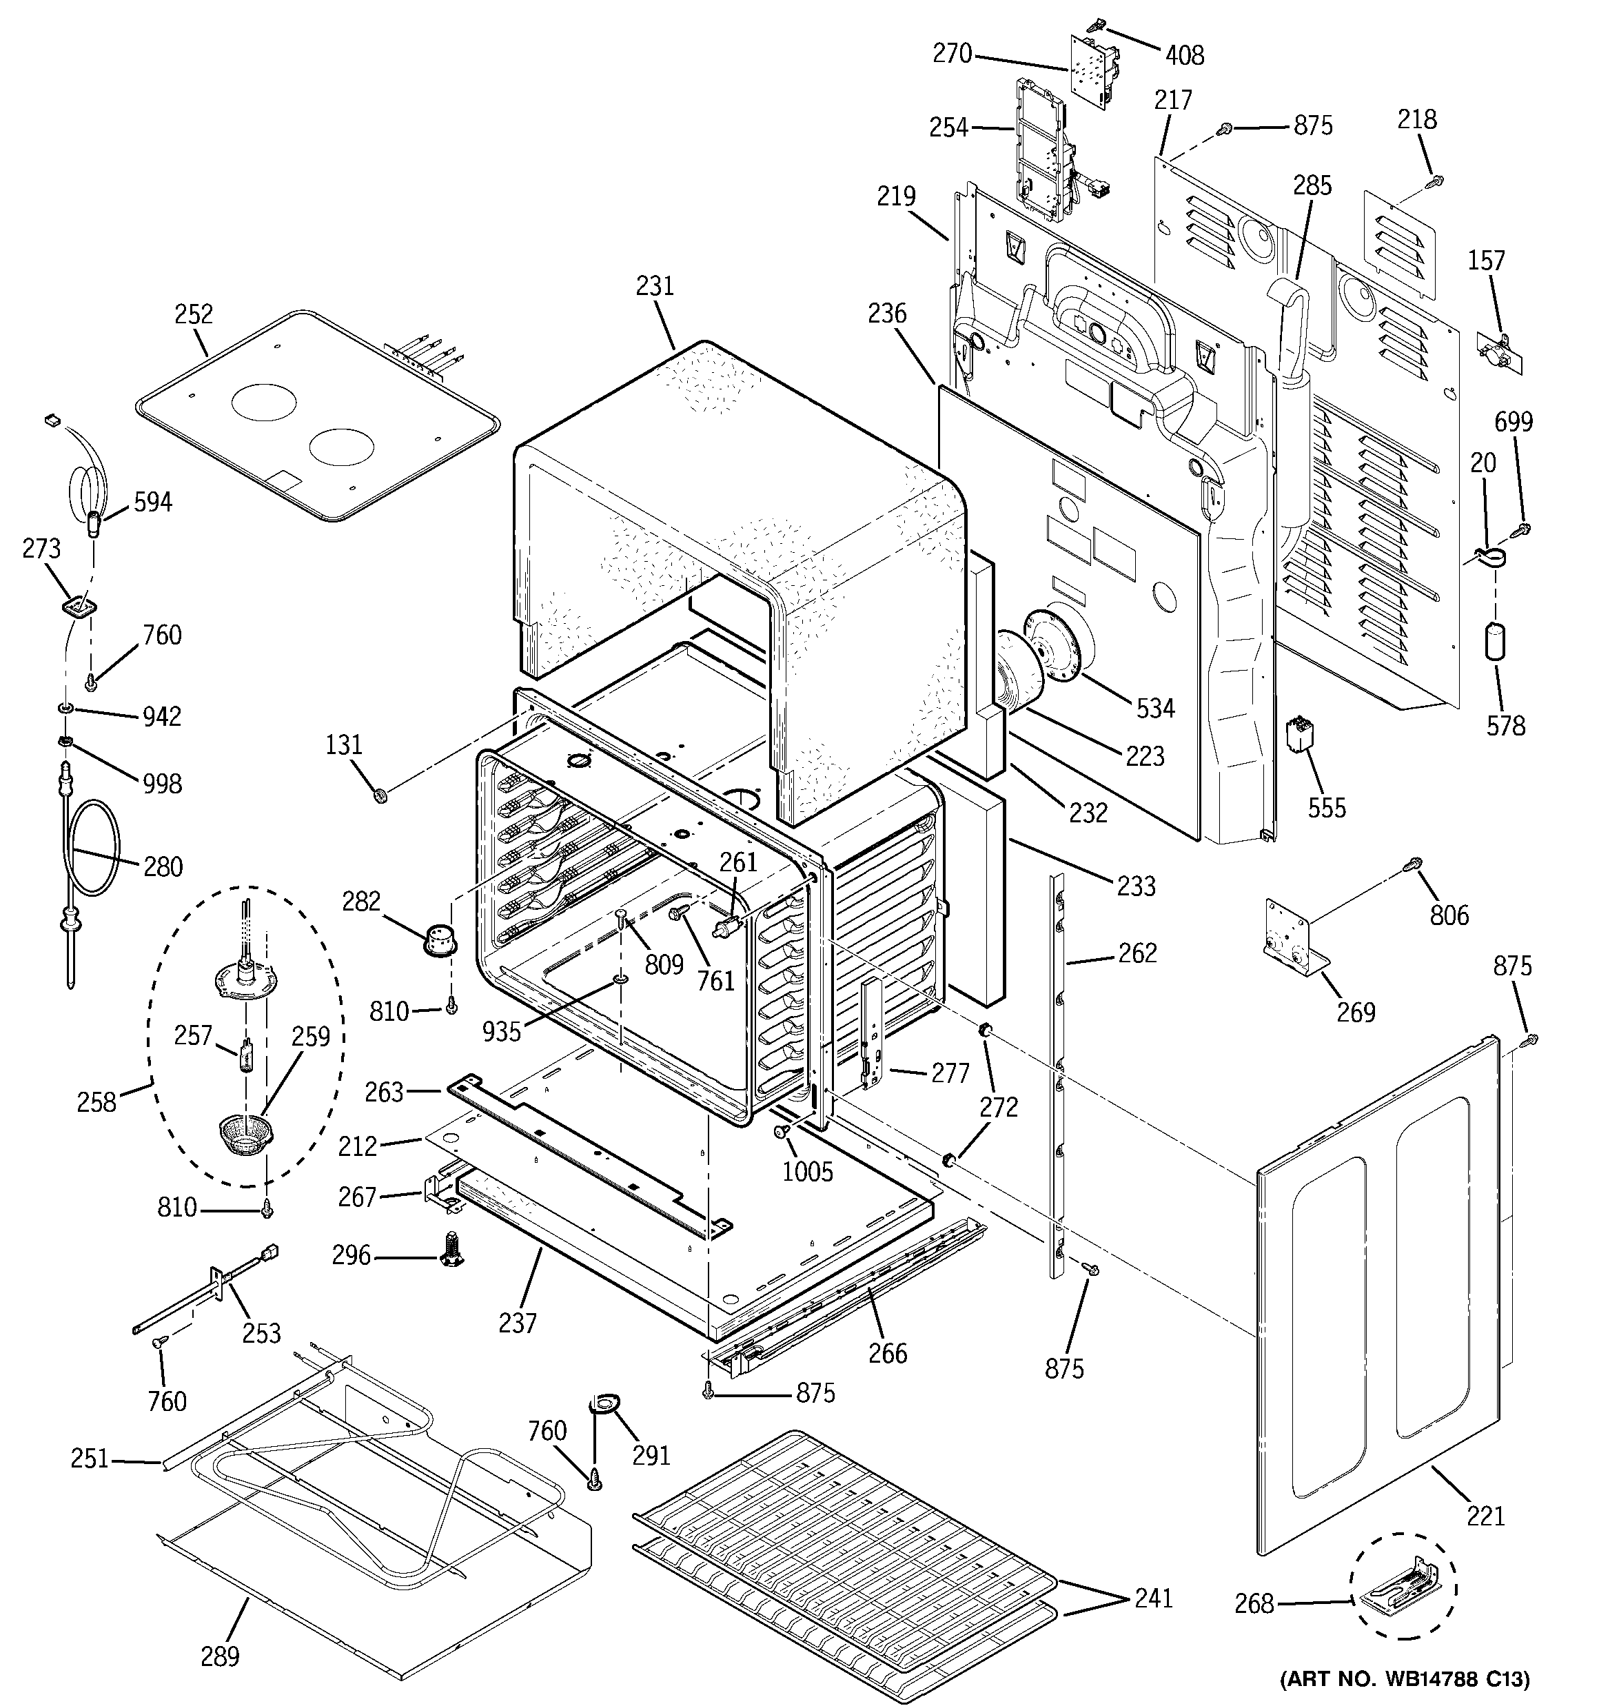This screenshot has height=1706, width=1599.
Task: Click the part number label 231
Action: coord(655,286)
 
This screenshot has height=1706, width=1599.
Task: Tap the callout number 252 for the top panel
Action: coord(194,314)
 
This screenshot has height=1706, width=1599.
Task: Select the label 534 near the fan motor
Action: coord(1155,708)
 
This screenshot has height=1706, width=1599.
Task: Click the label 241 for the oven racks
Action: coord(1152,1598)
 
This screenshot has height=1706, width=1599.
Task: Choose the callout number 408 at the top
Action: coord(1185,56)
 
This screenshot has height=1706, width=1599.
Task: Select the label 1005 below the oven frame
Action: coord(807,1171)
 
